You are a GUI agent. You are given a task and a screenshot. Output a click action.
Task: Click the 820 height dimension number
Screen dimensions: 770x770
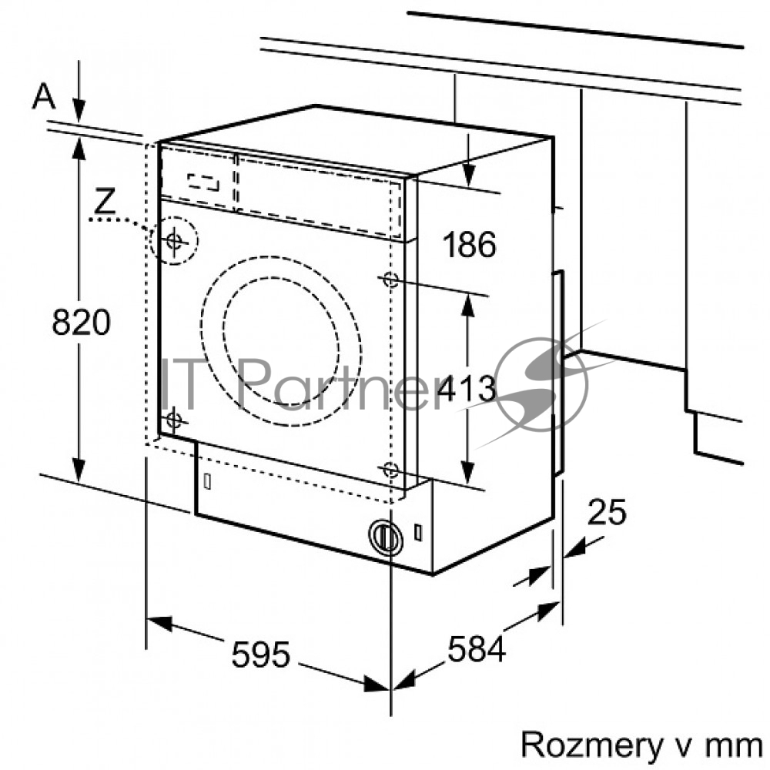point(81,322)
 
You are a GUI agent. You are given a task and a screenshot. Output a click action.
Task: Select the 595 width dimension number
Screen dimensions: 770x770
point(261,654)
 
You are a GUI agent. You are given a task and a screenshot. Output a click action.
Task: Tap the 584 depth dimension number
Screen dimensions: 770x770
point(476,648)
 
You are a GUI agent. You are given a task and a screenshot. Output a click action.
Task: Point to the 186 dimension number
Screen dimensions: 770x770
point(469,244)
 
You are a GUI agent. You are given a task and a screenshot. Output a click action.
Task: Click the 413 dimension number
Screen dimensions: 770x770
point(467,388)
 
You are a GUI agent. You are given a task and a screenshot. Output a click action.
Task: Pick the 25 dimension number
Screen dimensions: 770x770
point(607,512)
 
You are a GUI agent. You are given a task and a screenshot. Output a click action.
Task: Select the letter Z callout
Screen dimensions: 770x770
point(105,201)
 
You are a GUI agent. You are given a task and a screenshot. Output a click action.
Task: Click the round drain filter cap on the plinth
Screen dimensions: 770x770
point(386,537)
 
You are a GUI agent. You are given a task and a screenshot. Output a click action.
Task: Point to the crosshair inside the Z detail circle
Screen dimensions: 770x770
point(174,240)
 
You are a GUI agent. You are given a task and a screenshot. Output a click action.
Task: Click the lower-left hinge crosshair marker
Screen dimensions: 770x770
point(173,420)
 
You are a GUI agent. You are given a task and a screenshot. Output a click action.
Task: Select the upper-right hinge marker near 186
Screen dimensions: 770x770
point(390,280)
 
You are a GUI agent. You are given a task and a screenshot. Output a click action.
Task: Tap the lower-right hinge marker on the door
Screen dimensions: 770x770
point(390,470)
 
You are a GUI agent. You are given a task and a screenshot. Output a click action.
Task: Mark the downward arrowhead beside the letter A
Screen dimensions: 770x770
point(79,109)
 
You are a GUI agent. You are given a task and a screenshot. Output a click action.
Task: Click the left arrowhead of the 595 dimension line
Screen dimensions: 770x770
point(159,624)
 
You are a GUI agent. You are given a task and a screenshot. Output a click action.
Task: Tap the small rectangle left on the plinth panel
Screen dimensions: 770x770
point(207,482)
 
